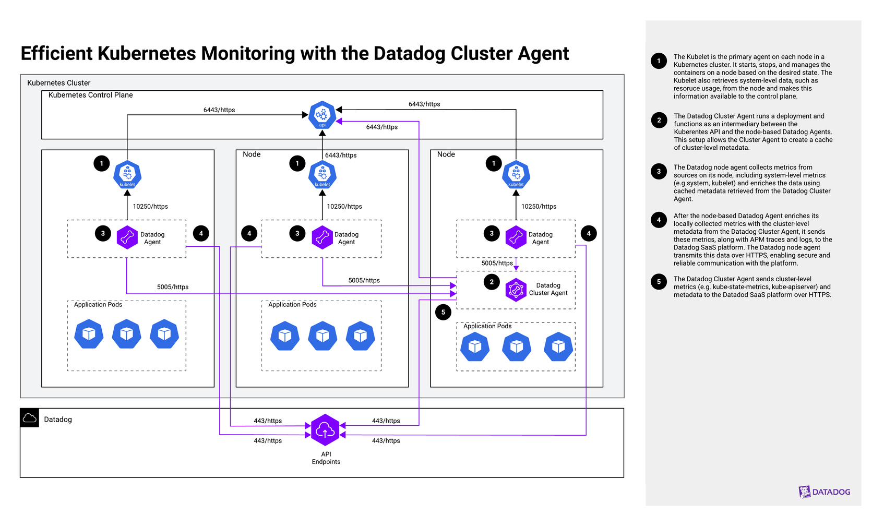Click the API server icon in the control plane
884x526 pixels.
[x=322, y=115]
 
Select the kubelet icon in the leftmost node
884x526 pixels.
[x=127, y=174]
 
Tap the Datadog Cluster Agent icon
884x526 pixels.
[x=516, y=290]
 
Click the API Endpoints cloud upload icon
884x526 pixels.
[x=325, y=429]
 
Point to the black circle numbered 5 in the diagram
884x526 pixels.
[x=443, y=312]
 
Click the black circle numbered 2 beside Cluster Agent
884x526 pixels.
[x=492, y=282]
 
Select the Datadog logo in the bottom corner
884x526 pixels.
[x=824, y=492]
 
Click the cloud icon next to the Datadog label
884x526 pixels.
[x=30, y=418]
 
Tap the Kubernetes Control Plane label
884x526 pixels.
[x=90, y=95]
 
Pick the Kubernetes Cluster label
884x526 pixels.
[x=58, y=83]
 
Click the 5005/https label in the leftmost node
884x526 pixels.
[x=173, y=287]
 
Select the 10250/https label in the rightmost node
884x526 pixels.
[x=539, y=207]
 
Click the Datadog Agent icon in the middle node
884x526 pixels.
[x=322, y=237]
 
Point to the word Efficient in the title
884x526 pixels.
[x=56, y=54]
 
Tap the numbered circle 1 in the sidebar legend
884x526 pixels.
[x=659, y=61]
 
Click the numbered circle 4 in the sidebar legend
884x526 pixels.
[x=659, y=220]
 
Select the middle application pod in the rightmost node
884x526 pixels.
[x=516, y=346]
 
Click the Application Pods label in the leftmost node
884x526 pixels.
[x=98, y=305]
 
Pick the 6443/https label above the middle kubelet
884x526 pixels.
[x=341, y=155]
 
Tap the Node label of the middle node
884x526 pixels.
[x=252, y=154]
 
